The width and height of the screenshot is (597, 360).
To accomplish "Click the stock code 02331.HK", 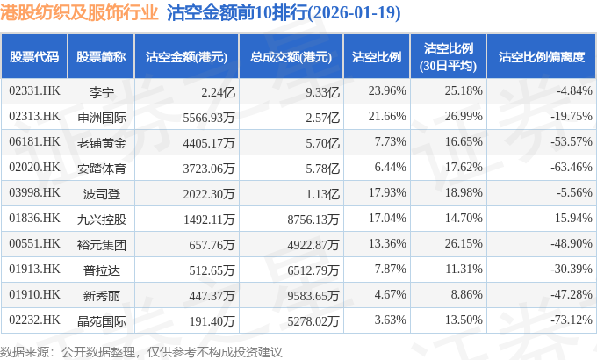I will point(34,90).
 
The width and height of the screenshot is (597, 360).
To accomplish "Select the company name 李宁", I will point(102,90).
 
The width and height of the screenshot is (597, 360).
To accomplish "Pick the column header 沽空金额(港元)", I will point(187,56).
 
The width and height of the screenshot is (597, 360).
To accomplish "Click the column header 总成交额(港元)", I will point(290,56).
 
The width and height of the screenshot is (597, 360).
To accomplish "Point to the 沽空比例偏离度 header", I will point(541,56).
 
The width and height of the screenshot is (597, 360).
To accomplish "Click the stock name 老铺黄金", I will point(102,141).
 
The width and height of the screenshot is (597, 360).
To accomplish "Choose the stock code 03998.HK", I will point(34,192).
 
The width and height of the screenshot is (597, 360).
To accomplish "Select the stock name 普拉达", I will point(102,269).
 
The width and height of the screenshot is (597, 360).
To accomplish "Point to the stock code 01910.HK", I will point(34,294).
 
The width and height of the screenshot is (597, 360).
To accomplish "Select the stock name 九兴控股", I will point(102,218).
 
